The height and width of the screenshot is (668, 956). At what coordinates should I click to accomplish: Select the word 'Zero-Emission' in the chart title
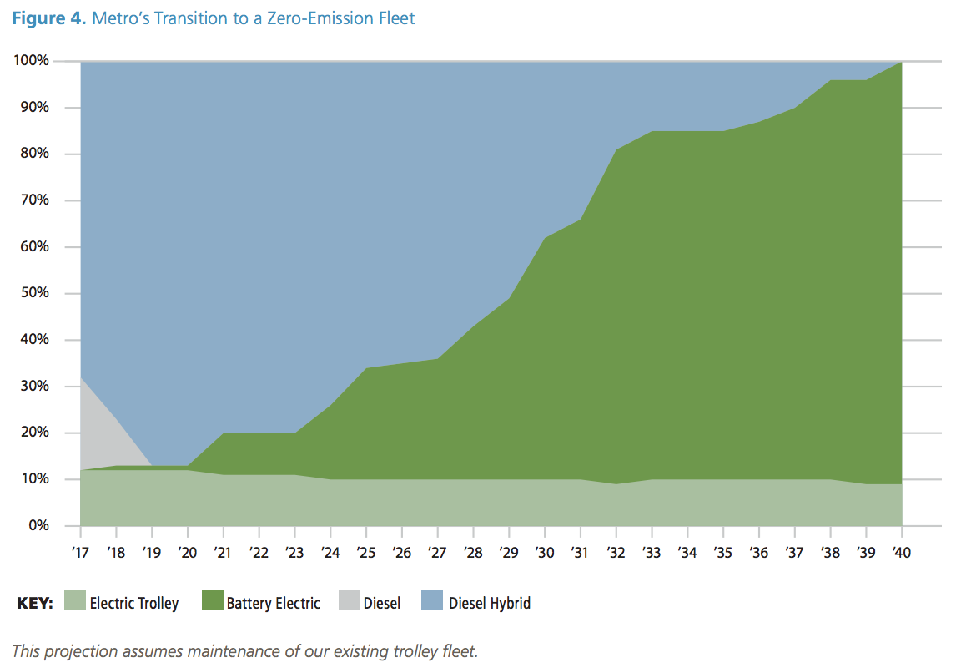[x=304, y=18]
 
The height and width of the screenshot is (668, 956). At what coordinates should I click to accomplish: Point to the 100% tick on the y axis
[x=33, y=61]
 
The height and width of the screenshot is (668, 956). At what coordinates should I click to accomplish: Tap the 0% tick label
[x=38, y=526]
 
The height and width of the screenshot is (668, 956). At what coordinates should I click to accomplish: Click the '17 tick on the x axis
[x=80, y=552]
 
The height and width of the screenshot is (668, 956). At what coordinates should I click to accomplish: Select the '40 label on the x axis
[x=901, y=552]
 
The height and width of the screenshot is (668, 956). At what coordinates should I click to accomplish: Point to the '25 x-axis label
[x=365, y=552]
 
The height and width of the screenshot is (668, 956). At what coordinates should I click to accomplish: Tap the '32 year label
[x=616, y=552]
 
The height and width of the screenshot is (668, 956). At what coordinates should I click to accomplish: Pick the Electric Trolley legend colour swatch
[x=75, y=602]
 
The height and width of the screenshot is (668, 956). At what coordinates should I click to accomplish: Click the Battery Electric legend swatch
[x=213, y=602]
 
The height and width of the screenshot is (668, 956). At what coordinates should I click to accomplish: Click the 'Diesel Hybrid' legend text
[x=489, y=603]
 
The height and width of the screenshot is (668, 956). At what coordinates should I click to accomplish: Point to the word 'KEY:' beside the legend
[x=35, y=603]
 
